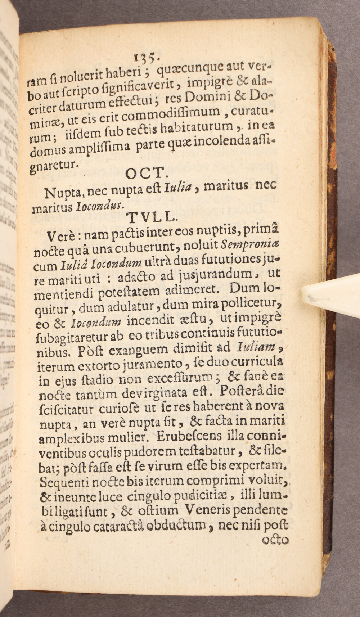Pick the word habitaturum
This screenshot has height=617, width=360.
point(195,127)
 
